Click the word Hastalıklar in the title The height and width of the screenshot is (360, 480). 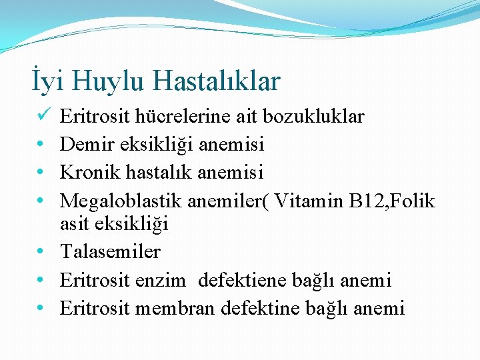(x=217, y=81)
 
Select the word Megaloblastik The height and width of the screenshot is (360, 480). (x=121, y=201)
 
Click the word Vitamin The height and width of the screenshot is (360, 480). (x=310, y=201)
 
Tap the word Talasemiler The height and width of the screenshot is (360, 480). (x=110, y=252)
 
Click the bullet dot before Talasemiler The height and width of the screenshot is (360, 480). (x=41, y=253)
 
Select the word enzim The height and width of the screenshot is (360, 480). (x=161, y=281)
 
